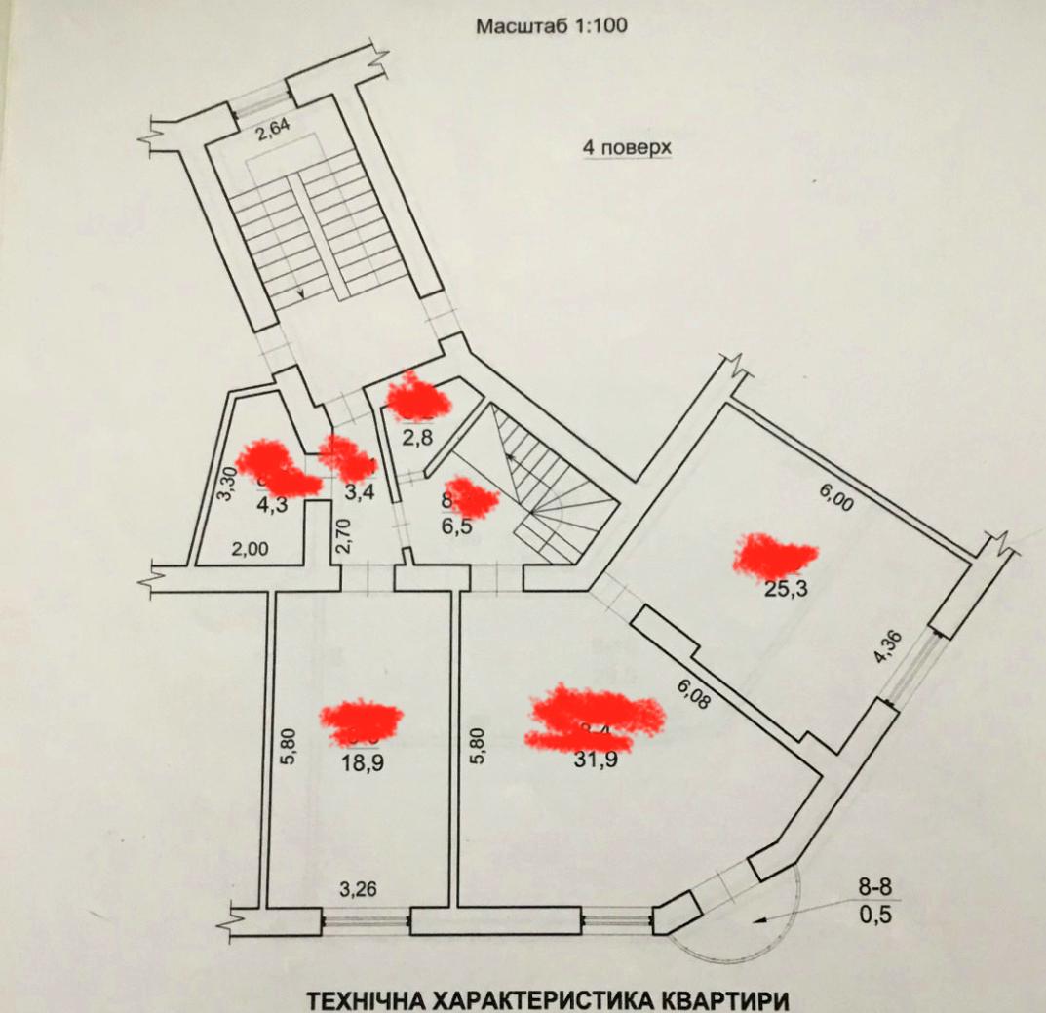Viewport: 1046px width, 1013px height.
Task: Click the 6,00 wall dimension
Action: pyautogui.click(x=834, y=503)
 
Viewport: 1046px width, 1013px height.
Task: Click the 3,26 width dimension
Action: pyautogui.click(x=358, y=889)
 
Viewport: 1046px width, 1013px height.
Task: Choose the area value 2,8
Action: pyautogui.click(x=417, y=436)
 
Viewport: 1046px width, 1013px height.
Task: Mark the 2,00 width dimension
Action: pyautogui.click(x=250, y=549)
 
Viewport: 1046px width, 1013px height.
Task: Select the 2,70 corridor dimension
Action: pyautogui.click(x=342, y=533)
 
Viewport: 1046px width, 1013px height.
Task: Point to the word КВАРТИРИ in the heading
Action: pyautogui.click(x=704, y=1001)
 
